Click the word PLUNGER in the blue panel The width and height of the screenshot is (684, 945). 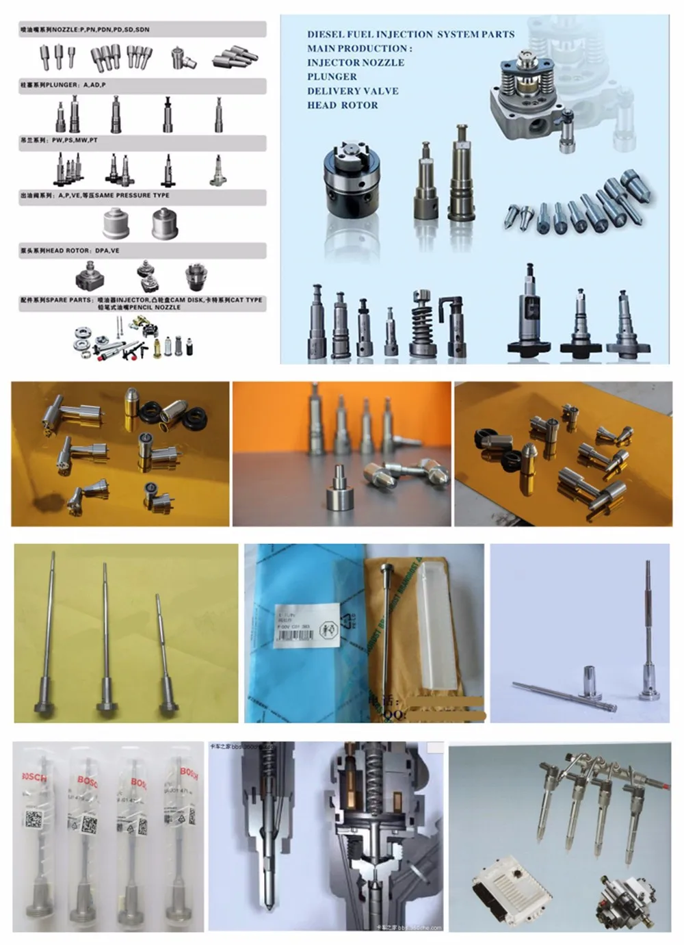[x=332, y=77]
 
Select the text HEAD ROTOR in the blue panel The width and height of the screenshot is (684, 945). [x=342, y=105]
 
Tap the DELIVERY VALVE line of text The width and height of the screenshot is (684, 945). [x=352, y=91]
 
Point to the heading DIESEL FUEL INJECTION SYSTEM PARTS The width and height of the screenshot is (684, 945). [x=410, y=34]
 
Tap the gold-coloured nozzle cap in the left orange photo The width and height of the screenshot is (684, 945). [x=131, y=409]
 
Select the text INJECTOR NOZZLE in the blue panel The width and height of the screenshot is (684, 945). [x=355, y=62]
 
